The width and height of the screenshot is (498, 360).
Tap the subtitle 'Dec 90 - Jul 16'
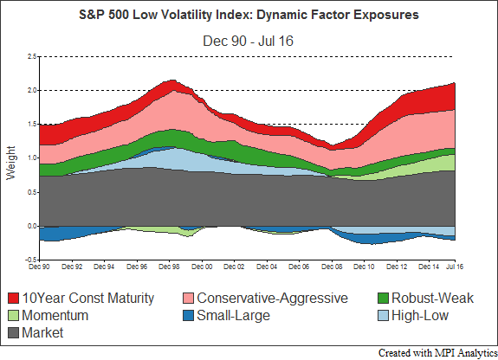tap(248, 41)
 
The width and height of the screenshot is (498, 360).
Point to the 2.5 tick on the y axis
tap(32, 57)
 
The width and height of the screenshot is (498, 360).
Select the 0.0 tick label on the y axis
tap(32, 227)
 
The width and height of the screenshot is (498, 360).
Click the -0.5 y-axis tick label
tap(31, 260)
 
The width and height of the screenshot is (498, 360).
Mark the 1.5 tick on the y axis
tap(32, 124)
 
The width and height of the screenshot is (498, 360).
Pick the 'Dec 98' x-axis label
tap(169, 267)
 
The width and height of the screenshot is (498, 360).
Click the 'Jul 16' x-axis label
tap(455, 267)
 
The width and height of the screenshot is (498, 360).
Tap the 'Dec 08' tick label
tap(332, 267)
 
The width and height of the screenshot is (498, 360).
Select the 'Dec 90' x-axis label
tap(39, 267)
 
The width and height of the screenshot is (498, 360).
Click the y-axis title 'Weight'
tap(10, 163)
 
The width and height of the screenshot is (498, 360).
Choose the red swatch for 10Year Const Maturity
tap(13, 298)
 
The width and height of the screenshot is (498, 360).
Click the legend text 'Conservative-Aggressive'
tap(272, 298)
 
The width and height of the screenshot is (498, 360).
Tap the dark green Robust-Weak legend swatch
tap(384, 298)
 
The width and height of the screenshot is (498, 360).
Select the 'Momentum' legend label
tap(55, 315)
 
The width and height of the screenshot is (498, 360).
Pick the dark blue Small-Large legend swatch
tap(188, 315)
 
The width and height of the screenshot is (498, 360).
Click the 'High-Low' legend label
tap(420, 315)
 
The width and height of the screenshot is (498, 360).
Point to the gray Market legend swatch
tap(13, 332)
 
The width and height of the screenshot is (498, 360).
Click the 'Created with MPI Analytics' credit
tap(438, 353)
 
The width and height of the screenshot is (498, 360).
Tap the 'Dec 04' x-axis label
tap(267, 267)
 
